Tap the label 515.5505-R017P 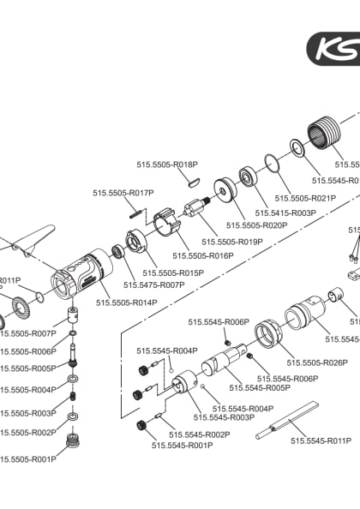click(x=123, y=194)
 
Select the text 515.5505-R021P click(x=305, y=198)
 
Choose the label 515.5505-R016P click(x=203, y=255)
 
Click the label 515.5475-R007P click(x=154, y=284)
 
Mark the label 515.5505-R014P click(x=126, y=302)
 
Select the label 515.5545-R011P click(x=321, y=440)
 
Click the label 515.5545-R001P click(x=182, y=446)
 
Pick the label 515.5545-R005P click(x=261, y=388)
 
